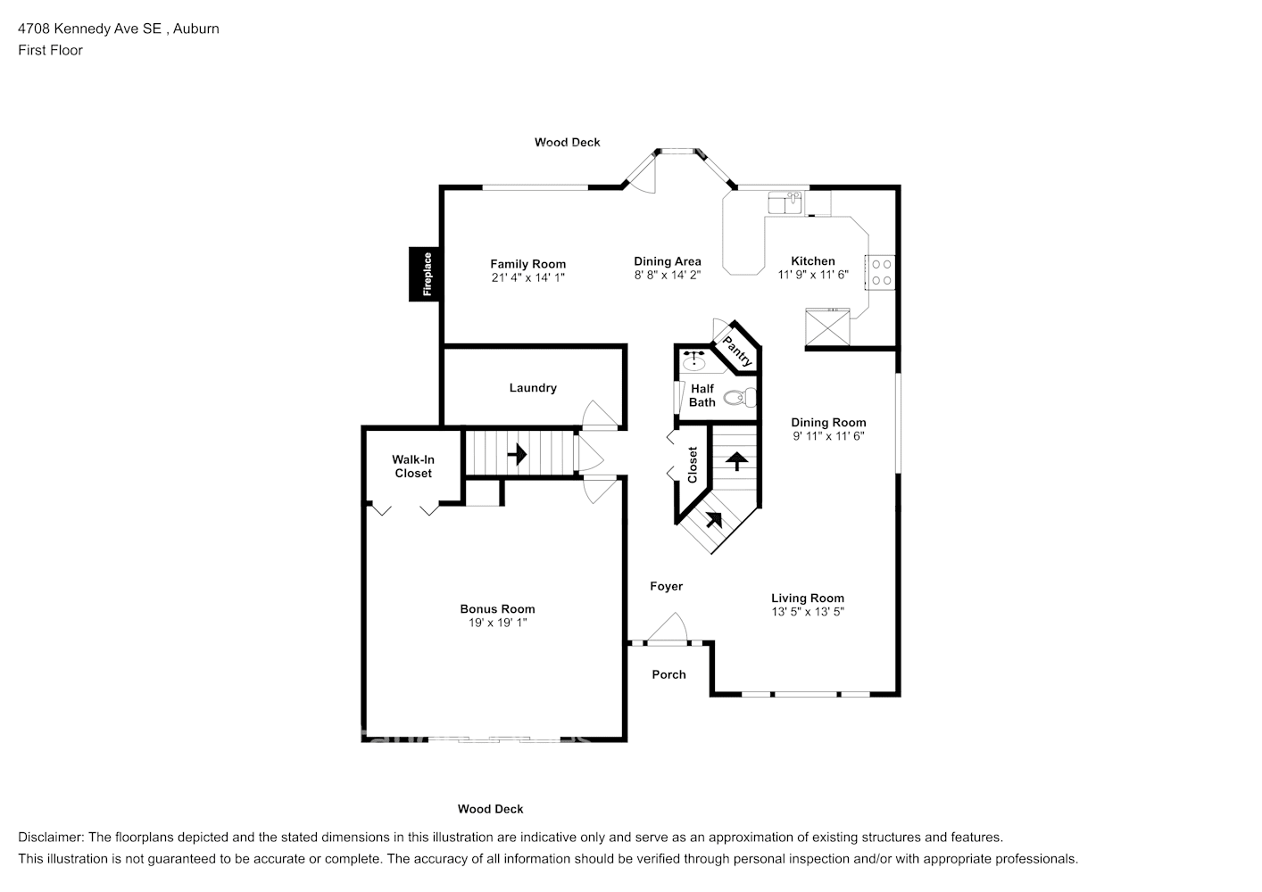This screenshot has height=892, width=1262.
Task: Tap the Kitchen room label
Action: click(x=813, y=260)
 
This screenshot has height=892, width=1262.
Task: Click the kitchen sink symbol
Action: click(x=786, y=202)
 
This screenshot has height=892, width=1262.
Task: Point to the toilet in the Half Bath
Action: click(x=739, y=398)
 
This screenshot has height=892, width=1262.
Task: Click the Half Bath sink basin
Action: click(x=694, y=359)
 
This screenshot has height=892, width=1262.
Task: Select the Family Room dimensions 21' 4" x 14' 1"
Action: click(x=527, y=277)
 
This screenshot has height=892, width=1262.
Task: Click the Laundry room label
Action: click(x=533, y=387)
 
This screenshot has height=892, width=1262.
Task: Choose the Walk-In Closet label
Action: click(x=413, y=467)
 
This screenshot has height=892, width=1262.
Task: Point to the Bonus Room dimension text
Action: click(x=497, y=623)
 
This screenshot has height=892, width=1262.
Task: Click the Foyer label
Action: click(x=667, y=586)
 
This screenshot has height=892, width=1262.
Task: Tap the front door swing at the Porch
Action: click(x=667, y=627)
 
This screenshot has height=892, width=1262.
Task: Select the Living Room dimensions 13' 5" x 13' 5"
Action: click(x=808, y=612)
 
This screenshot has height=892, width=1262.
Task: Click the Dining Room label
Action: click(x=829, y=422)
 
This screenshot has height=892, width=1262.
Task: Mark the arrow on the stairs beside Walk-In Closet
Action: click(x=517, y=454)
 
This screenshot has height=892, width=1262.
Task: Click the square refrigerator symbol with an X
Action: click(x=827, y=327)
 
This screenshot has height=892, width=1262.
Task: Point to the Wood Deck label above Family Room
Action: click(x=568, y=143)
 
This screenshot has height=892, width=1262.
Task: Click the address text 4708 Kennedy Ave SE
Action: click(x=89, y=29)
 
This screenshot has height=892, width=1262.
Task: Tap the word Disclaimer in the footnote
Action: click(x=51, y=838)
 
